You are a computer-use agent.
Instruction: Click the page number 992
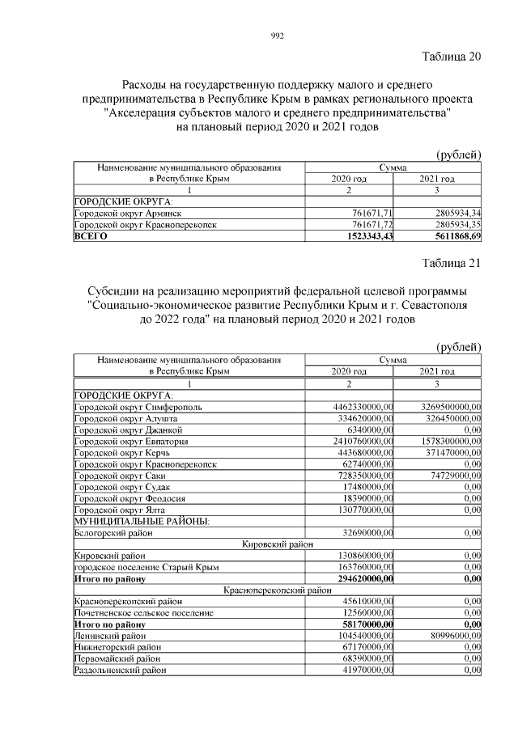(278, 35)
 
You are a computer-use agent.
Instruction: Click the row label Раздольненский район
(120, 671)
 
